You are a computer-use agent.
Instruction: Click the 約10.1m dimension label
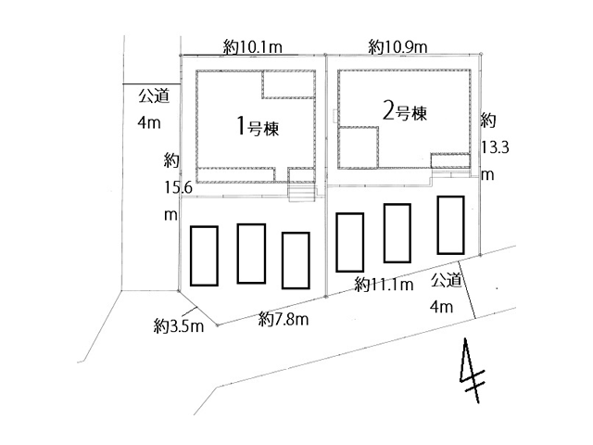[253, 44]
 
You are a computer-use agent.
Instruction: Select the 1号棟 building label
[253, 124]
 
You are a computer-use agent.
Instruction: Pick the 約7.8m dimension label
[284, 320]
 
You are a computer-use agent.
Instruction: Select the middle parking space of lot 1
[251, 253]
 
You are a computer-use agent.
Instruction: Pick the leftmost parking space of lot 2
[348, 241]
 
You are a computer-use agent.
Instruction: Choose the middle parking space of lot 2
[397, 232]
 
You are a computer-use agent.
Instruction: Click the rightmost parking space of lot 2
[450, 224]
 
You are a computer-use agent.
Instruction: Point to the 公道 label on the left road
[154, 95]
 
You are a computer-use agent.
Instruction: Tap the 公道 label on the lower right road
[445, 280]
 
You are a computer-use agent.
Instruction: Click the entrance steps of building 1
[303, 192]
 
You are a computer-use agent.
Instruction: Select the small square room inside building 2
[360, 146]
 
